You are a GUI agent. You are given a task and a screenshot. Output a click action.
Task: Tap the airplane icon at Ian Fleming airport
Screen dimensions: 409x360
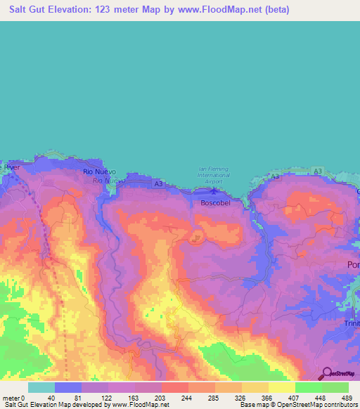point(214,189)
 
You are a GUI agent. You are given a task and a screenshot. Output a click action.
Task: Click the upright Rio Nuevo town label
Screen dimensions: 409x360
point(97,171)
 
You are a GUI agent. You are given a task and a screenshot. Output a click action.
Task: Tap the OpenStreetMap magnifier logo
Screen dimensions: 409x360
point(326,374)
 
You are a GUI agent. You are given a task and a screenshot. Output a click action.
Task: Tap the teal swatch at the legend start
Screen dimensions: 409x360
point(41,387)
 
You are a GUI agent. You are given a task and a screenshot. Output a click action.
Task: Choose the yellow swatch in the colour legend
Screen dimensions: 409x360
point(281,387)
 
